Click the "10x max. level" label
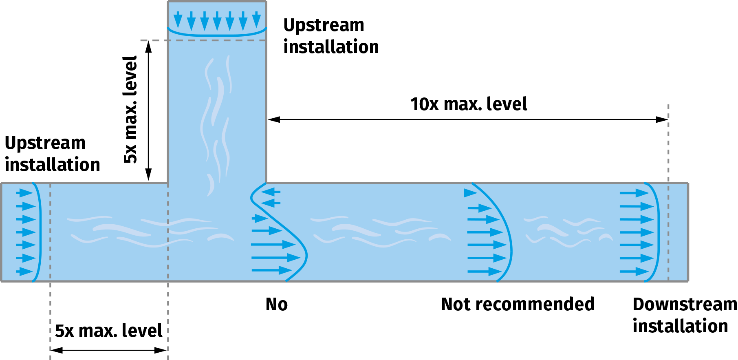point(468,104)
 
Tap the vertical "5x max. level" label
point(131,110)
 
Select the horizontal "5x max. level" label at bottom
point(108,331)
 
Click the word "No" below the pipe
point(277,305)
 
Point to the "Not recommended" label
point(518,305)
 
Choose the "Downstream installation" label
point(684,315)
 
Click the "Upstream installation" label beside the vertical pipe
point(331,36)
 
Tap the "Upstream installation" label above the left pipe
point(52,154)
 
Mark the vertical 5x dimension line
point(149,110)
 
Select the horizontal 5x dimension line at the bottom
point(109,350)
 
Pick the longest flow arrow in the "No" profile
point(275,257)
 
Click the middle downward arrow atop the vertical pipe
point(217,20)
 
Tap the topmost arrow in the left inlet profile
point(24,192)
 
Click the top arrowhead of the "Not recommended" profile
point(470,193)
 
